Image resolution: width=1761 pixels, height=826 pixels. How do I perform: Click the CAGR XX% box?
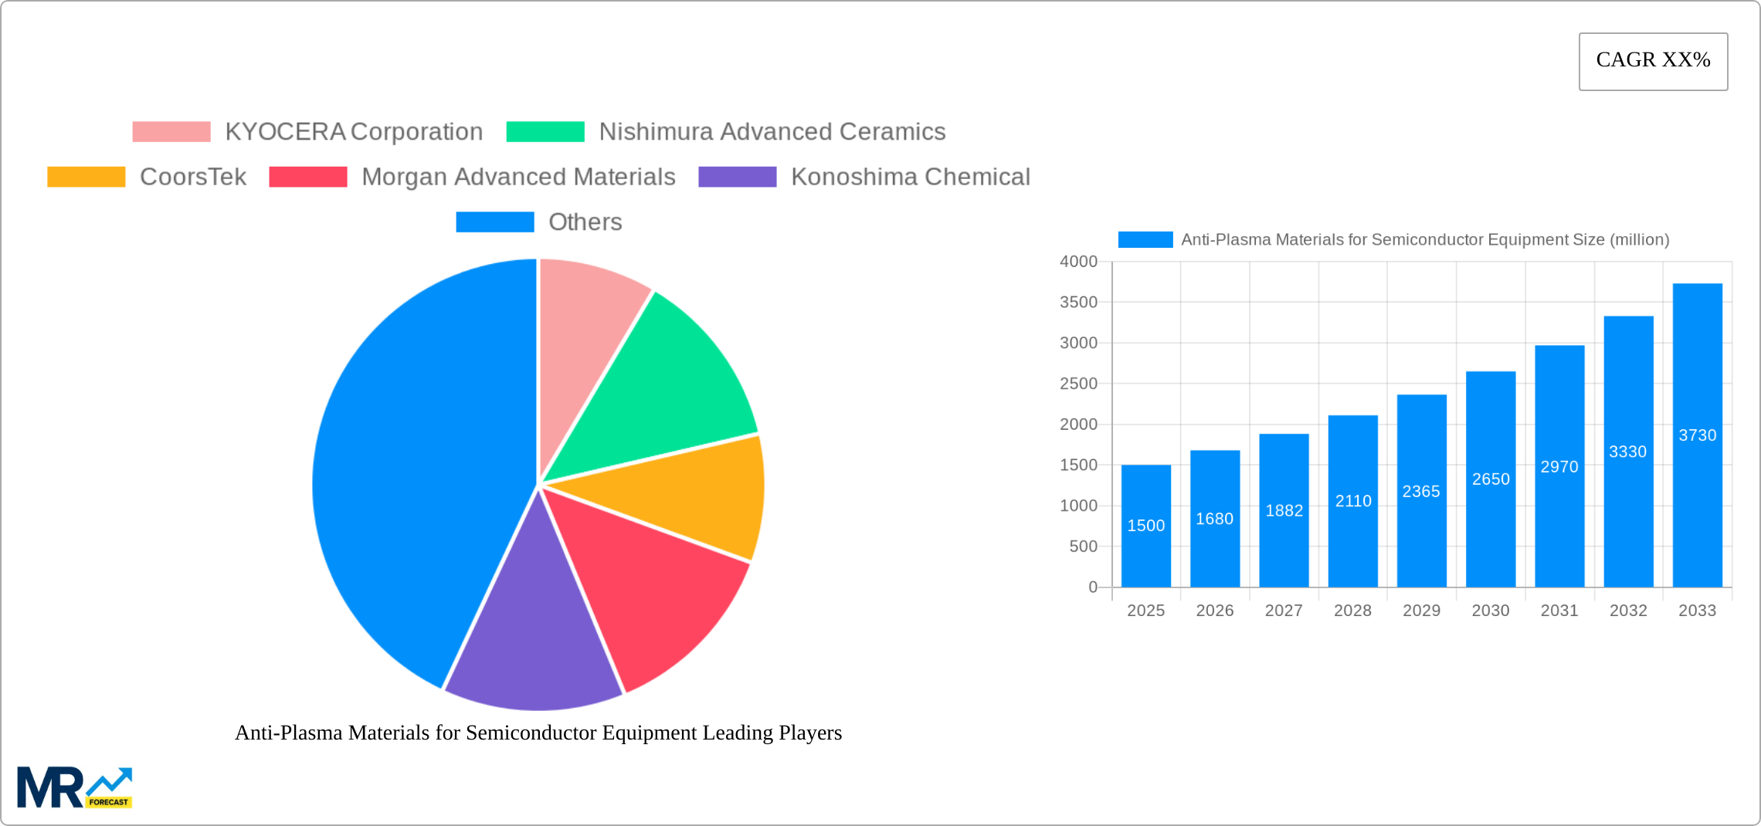point(1653,61)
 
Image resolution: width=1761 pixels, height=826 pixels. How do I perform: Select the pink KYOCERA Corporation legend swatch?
point(171,132)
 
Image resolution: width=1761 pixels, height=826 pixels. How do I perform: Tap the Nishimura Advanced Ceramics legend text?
point(772,132)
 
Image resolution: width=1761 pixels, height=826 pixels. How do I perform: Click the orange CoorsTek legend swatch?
point(86,177)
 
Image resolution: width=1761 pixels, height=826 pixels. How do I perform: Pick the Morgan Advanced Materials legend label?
point(518,177)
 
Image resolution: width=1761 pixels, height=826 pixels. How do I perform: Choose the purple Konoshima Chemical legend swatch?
point(737,177)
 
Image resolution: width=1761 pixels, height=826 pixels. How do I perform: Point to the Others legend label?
point(585,222)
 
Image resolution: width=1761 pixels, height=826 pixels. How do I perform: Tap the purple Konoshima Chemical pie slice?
point(533,633)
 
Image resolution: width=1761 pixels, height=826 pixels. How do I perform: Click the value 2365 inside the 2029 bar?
point(1421,492)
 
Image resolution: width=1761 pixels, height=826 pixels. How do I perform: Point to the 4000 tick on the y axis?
point(1078,262)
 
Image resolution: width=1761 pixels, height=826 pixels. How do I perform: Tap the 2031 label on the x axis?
point(1559,611)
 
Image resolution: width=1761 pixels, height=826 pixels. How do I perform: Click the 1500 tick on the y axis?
point(1078,465)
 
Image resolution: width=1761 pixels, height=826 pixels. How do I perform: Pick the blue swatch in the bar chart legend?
point(1145,240)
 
